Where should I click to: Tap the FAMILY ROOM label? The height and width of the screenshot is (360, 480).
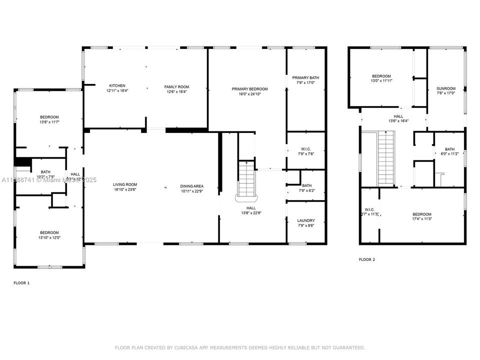(176, 86)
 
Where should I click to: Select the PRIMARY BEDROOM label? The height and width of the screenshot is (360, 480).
(249, 89)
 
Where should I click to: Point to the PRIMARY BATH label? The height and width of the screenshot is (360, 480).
(305, 77)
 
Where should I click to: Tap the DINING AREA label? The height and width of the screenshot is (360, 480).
(192, 186)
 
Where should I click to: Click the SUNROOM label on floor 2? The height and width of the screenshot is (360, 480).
(446, 88)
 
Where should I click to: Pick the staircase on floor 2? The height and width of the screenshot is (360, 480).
(386, 156)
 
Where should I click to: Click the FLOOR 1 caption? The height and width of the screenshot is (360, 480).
(21, 283)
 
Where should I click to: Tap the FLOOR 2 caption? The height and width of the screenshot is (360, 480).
(366, 259)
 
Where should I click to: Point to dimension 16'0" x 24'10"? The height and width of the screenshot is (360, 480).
(249, 94)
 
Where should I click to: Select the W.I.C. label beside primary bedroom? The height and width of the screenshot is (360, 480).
(305, 148)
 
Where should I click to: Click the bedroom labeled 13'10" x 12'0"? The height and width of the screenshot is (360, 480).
(49, 232)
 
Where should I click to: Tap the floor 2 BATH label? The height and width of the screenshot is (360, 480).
(449, 149)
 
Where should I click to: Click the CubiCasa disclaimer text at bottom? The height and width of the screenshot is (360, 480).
(240, 347)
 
